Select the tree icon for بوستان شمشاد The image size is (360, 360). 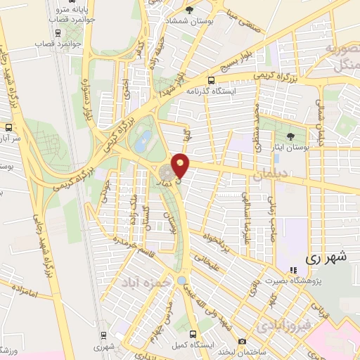189,10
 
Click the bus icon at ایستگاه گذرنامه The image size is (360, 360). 212,80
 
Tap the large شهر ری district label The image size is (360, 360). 328,258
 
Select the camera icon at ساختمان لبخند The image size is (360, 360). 243,342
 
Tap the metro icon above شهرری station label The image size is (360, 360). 103,335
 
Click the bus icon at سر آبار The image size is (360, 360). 8,127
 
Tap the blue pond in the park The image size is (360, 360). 143,142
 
